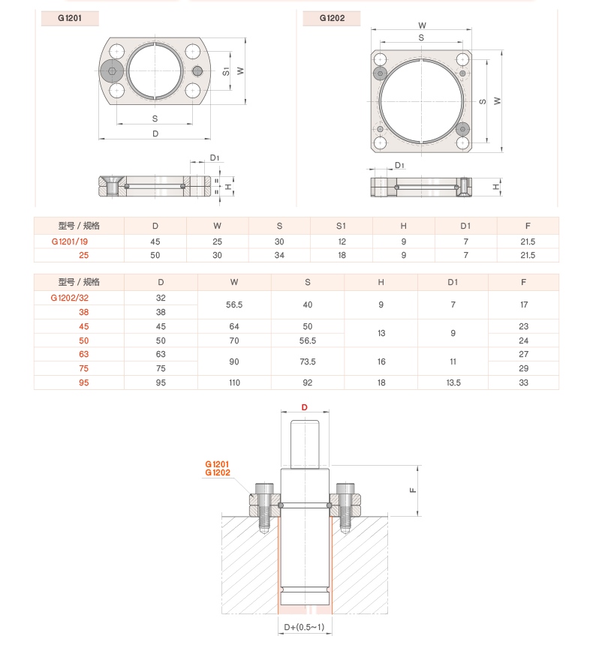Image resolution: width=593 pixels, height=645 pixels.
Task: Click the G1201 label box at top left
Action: [x=68, y=18]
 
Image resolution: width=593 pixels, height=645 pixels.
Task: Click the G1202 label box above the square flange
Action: [x=332, y=18]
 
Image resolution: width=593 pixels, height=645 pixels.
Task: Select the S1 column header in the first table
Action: [x=341, y=226]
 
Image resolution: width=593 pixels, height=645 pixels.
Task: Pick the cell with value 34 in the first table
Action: [x=278, y=256]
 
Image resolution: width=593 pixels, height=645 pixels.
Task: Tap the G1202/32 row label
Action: [x=78, y=298]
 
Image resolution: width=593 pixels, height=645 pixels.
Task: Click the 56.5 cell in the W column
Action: [x=233, y=305]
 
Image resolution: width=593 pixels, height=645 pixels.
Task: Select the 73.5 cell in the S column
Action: [x=307, y=361]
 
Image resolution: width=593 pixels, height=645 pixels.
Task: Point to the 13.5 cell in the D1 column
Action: [x=452, y=382]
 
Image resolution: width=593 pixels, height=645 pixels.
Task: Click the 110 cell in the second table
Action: [x=233, y=382]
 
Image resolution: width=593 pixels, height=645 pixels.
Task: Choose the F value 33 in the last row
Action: [x=523, y=382]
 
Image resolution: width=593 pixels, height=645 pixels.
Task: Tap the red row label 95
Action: [x=83, y=382]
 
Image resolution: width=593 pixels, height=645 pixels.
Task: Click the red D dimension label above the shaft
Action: [x=305, y=408]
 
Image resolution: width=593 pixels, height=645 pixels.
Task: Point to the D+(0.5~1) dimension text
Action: [x=304, y=627]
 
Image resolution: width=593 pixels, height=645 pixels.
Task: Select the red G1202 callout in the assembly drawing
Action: [x=218, y=473]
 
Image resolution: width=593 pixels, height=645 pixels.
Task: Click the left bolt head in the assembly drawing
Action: [x=264, y=490]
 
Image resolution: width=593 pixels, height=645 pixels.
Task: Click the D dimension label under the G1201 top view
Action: [x=155, y=133]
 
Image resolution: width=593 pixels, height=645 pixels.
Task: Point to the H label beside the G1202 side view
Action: [x=496, y=187]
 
